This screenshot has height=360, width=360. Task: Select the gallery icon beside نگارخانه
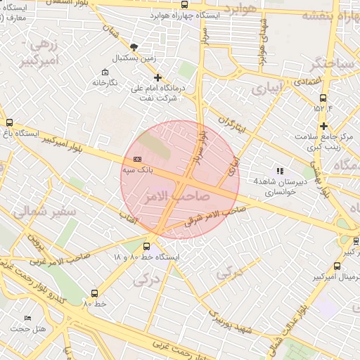tap(105, 72)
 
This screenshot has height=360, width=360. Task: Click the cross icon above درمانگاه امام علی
tap(157, 77)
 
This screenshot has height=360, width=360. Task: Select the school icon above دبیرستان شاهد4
tap(280, 171)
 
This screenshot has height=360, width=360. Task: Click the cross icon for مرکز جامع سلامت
tap(323, 127)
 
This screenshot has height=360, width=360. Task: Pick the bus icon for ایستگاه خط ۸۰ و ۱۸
tap(146, 247)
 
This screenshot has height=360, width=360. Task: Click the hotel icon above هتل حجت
tap(27, 319)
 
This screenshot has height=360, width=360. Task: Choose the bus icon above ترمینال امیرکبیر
tap(337, 266)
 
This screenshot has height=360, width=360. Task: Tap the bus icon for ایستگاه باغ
tap(9, 122)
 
